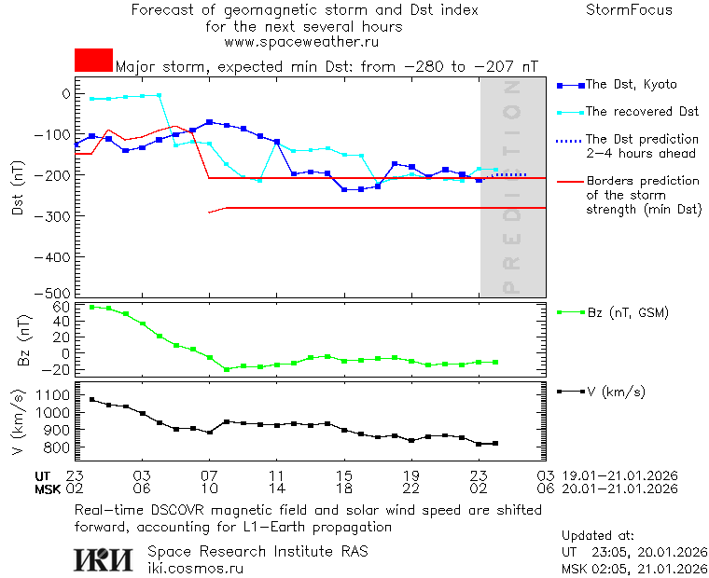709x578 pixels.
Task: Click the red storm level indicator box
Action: [93, 60]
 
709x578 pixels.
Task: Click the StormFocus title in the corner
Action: [628, 10]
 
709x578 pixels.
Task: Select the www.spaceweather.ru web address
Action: [301, 42]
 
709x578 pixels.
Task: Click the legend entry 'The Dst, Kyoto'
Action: [631, 85]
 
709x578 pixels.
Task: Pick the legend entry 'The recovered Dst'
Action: [642, 112]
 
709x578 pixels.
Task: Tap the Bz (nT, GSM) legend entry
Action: [628, 312]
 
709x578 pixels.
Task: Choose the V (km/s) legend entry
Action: [616, 392]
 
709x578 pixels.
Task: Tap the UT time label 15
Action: [344, 475]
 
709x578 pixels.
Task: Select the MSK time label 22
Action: [411, 489]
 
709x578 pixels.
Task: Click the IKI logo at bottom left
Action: [104, 559]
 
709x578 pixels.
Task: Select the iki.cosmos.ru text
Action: [195, 567]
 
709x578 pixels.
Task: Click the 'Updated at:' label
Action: [598, 536]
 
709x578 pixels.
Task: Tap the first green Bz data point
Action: [91, 307]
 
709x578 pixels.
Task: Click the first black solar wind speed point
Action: [91, 399]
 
